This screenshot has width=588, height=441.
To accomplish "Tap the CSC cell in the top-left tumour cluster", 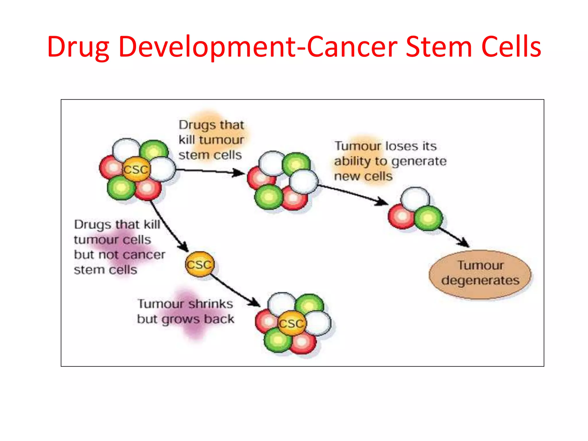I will pos(136,169).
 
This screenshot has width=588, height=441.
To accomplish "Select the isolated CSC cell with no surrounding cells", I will pos(200,264).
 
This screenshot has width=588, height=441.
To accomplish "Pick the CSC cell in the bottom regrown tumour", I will pos(291,324).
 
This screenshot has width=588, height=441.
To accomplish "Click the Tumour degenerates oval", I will pos(480,274).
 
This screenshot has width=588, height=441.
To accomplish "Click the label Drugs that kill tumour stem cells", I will pos(211,140).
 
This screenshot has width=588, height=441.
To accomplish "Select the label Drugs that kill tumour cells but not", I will pos(119,247).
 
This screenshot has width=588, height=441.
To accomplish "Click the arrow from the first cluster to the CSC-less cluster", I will pos(210,171).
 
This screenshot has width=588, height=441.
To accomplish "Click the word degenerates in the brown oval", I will pos(480,281).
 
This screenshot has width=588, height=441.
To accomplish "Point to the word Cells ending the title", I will pos(511,47).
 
